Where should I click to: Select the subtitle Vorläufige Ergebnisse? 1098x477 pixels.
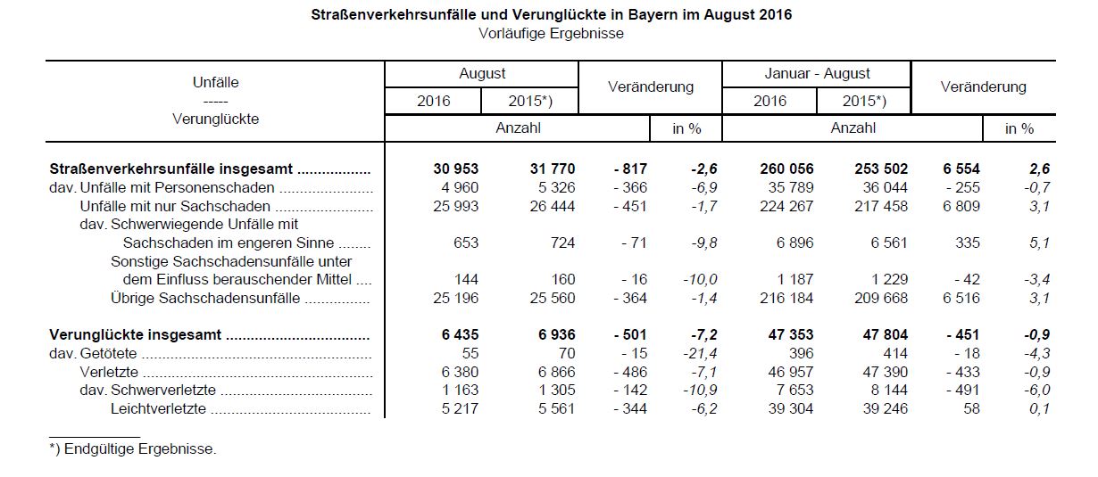pos(550,34)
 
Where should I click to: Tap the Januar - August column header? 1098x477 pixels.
pos(817,74)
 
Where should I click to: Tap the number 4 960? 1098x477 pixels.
pos(460,188)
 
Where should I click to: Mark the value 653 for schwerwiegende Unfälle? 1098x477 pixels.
pos(467,243)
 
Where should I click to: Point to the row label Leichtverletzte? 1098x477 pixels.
pos(159,409)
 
